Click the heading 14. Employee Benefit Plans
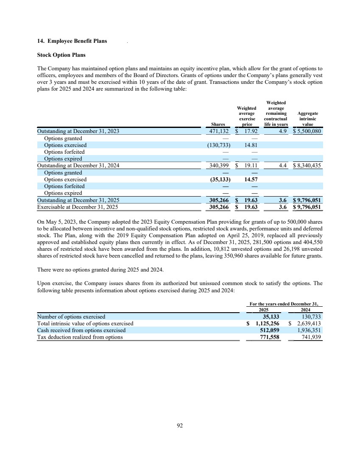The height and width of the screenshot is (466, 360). coord(72,41)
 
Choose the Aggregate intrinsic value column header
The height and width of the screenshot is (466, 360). coord(308,119)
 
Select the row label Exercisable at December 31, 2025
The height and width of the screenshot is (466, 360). coord(77,207)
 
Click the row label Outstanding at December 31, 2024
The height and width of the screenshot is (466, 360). coord(78,166)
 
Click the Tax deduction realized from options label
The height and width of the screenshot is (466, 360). coord(80,337)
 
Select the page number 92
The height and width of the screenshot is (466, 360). coord(180,426)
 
